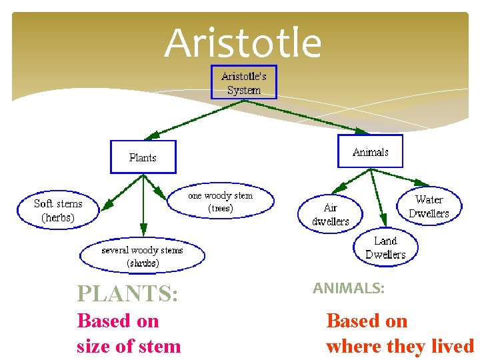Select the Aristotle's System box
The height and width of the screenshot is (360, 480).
click(x=243, y=83)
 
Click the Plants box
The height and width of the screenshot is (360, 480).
click(x=143, y=157)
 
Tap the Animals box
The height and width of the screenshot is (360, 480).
click(x=370, y=152)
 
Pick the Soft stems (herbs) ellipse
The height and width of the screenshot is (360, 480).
click(x=58, y=210)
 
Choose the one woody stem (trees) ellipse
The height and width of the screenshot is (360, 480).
click(x=220, y=201)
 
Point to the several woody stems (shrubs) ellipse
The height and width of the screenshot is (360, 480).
click(x=142, y=256)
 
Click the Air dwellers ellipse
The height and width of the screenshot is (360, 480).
click(x=331, y=214)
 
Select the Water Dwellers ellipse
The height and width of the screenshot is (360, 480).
click(x=429, y=206)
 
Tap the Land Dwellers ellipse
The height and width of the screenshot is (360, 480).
click(x=385, y=247)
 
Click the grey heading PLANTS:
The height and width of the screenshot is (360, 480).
click(x=127, y=293)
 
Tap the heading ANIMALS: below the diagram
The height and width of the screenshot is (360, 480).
click(x=349, y=288)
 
